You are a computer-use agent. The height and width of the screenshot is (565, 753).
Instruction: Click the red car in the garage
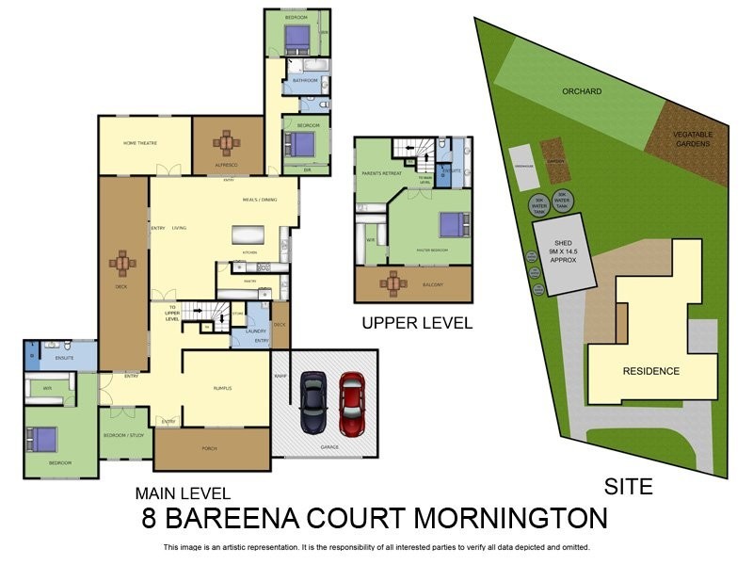pyautogui.click(x=352, y=403)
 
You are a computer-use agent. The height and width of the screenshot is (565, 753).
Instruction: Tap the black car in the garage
pyautogui.click(x=312, y=403)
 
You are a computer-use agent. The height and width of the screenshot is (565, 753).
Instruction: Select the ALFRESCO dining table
pyautogui.click(x=226, y=144)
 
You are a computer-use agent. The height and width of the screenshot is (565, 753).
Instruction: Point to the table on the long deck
pyautogui.click(x=123, y=264)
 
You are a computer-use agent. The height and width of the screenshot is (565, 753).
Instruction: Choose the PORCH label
pyautogui.click(x=210, y=448)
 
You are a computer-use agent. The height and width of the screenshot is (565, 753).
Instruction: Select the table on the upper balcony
pyautogui.click(x=393, y=282)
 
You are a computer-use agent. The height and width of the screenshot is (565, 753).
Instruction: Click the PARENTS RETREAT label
pyautogui.click(x=377, y=173)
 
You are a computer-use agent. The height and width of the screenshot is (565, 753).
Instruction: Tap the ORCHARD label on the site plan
pyautogui.click(x=581, y=91)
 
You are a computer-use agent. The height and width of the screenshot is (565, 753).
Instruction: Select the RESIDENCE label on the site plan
pyautogui.click(x=650, y=371)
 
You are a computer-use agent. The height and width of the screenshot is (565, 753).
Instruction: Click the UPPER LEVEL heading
pyautogui.click(x=417, y=323)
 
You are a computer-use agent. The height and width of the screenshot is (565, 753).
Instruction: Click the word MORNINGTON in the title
pyautogui.click(x=505, y=518)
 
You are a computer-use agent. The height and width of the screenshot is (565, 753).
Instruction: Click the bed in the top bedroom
pyautogui.click(x=296, y=37)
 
